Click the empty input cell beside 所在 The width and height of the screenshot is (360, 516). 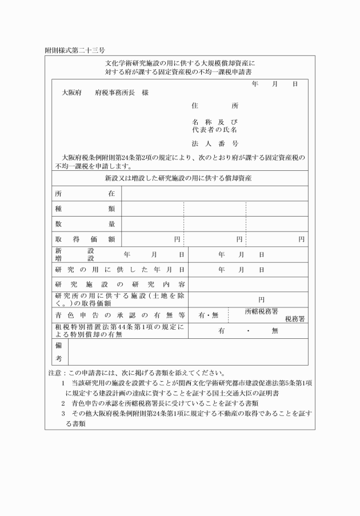214,194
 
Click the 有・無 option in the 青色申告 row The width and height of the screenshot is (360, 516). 208,315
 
